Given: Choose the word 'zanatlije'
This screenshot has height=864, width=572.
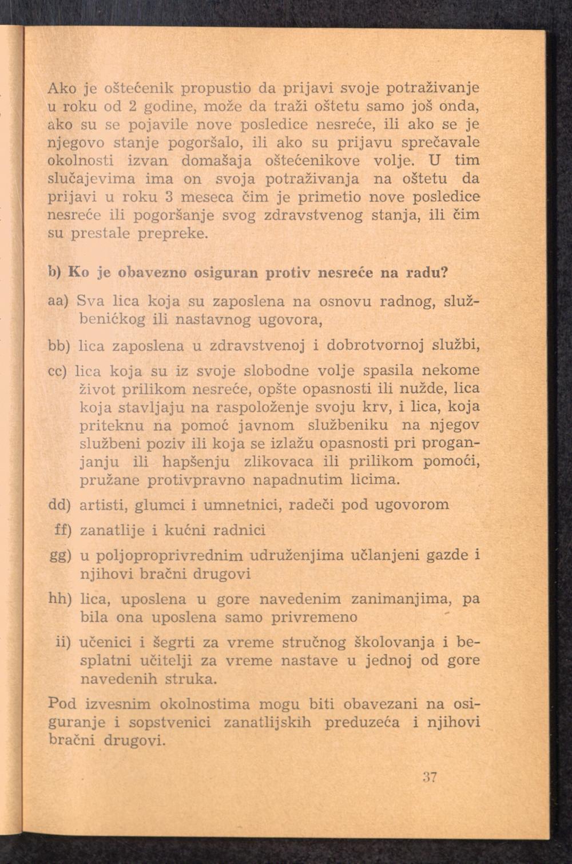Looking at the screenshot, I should (x=112, y=531).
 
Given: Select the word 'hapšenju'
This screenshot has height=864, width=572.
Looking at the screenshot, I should (x=196, y=461).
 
